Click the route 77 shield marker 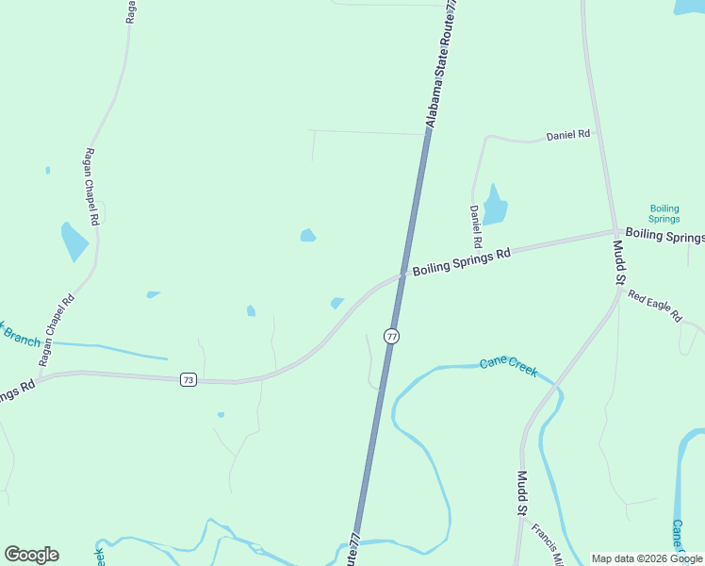[x=392, y=337]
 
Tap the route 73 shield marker [x=189, y=379]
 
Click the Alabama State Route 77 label [x=444, y=63]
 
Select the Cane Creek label [x=508, y=367]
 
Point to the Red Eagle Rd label [x=654, y=307]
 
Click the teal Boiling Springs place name [x=664, y=213]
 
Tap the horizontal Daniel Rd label [x=567, y=136]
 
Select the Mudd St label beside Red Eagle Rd [x=619, y=262]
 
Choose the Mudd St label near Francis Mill [x=521, y=493]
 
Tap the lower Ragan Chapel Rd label [x=56, y=331]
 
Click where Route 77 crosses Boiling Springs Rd [x=403, y=275]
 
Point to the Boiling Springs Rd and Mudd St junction [x=616, y=231]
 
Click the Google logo [x=31, y=555]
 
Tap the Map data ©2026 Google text [x=647, y=558]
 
